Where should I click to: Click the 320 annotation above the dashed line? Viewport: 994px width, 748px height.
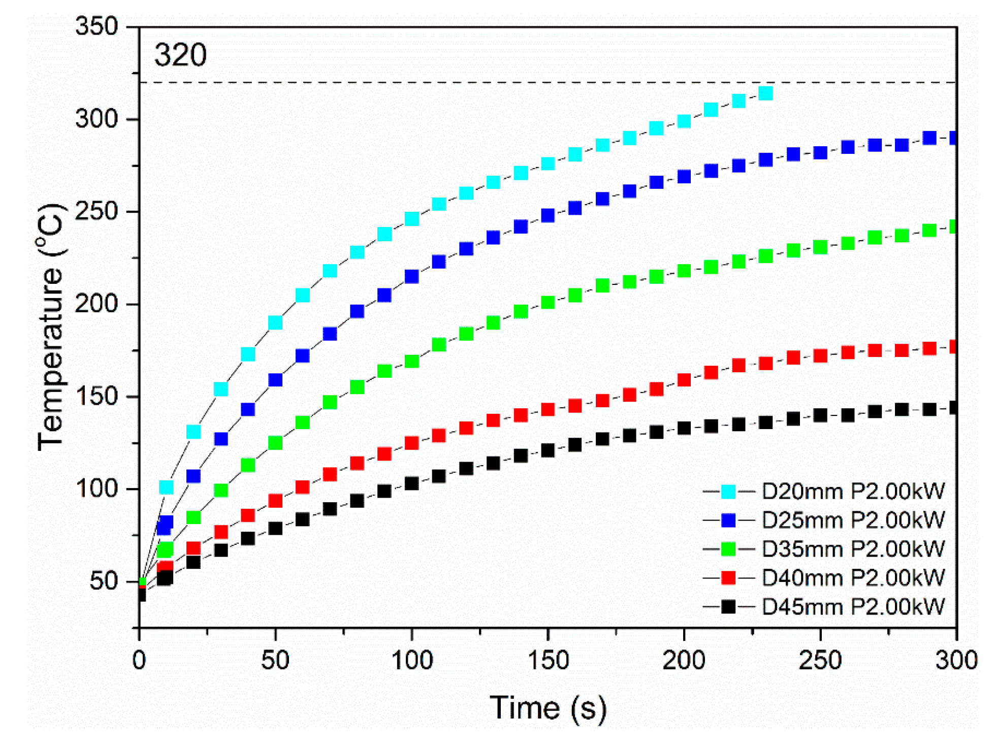[180, 55]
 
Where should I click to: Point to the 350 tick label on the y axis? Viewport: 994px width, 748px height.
[97, 26]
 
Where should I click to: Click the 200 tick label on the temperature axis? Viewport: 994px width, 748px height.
[97, 304]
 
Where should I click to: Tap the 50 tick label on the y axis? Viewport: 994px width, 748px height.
[104, 581]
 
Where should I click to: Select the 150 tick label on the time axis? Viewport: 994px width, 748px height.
[548, 661]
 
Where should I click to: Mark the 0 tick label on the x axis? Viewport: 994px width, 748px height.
[139, 661]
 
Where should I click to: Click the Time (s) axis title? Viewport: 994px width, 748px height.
[548, 707]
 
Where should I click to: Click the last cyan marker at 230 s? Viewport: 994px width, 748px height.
[765, 93]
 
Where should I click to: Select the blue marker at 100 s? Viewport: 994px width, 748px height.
[411, 276]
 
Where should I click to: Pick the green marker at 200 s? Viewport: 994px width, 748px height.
[684, 271]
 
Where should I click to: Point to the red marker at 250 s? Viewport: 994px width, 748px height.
[820, 355]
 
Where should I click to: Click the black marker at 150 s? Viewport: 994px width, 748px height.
[548, 450]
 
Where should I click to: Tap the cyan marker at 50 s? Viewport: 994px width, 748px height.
[275, 322]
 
